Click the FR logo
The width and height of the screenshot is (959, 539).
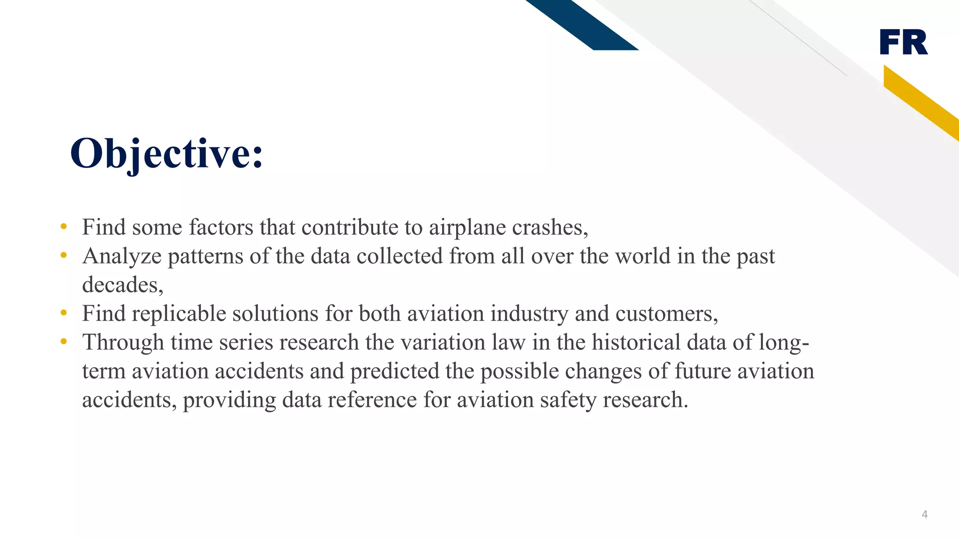[903, 42]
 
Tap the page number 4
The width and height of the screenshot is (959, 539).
[924, 514]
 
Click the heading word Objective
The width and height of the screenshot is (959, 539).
[166, 153]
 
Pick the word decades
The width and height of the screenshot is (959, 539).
[122, 284]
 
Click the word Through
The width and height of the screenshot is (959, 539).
[123, 342]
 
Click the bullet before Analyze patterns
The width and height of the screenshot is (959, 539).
[64, 255]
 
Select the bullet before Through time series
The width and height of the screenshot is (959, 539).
[64, 342]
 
